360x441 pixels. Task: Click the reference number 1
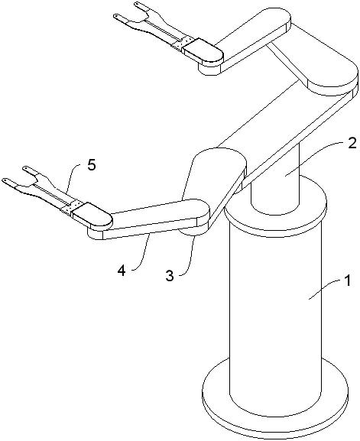click(348, 280)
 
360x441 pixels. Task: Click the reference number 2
click(352, 144)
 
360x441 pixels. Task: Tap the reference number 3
click(170, 276)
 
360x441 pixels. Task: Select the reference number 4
click(122, 271)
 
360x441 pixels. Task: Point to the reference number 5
click(92, 165)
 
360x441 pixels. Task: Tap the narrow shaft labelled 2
click(276, 180)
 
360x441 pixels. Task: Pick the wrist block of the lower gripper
click(92, 216)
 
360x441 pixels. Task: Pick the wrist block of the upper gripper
click(203, 51)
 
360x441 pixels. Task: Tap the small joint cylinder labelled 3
click(192, 231)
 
